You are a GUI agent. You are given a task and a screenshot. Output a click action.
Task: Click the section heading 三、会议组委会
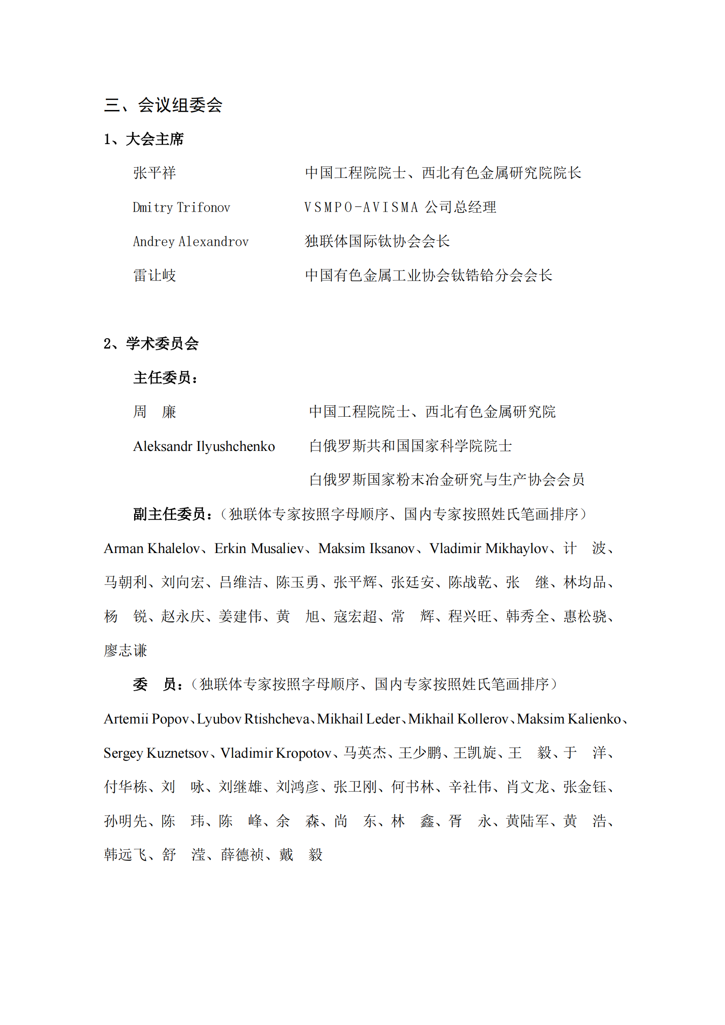(163, 105)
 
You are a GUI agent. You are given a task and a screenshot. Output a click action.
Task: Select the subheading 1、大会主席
(144, 139)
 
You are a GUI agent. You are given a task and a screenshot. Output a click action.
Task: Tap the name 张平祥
(154, 173)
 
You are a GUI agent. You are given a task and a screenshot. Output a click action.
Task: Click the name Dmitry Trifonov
(181, 208)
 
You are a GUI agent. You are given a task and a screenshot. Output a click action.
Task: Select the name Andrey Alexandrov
(191, 242)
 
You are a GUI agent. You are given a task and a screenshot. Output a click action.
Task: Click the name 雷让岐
(154, 276)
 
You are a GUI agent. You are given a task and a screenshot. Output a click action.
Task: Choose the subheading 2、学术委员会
(151, 343)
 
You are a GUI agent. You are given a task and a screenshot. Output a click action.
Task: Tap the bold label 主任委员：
(165, 378)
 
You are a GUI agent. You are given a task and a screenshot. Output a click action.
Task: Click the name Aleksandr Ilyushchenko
(204, 446)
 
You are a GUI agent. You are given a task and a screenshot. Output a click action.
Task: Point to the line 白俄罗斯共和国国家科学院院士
(410, 446)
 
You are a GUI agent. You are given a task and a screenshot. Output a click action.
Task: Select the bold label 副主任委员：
(173, 514)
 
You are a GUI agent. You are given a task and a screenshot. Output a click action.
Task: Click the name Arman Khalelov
(152, 548)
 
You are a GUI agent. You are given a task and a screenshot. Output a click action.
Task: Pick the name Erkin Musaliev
(259, 548)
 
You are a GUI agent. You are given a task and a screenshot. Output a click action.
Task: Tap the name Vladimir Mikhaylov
(488, 548)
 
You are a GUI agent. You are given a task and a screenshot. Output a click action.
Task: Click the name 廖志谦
(125, 650)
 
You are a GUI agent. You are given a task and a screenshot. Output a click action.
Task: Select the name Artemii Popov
(146, 719)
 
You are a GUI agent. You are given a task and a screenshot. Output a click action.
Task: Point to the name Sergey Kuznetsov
(156, 753)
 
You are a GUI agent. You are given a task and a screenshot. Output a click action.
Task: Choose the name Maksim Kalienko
(569, 719)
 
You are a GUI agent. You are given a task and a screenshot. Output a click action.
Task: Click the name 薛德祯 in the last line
(242, 855)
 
